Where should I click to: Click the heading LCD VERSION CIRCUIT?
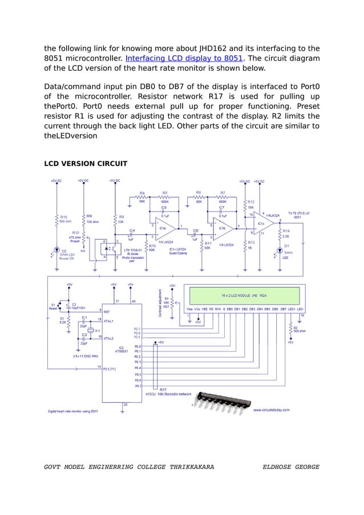click(86, 164)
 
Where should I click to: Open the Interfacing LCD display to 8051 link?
click(184, 58)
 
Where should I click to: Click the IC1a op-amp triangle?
click(164, 228)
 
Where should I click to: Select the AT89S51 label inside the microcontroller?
click(121, 350)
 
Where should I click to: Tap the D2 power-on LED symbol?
click(57, 249)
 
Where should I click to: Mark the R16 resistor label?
click(63, 217)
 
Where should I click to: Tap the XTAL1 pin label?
click(108, 321)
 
